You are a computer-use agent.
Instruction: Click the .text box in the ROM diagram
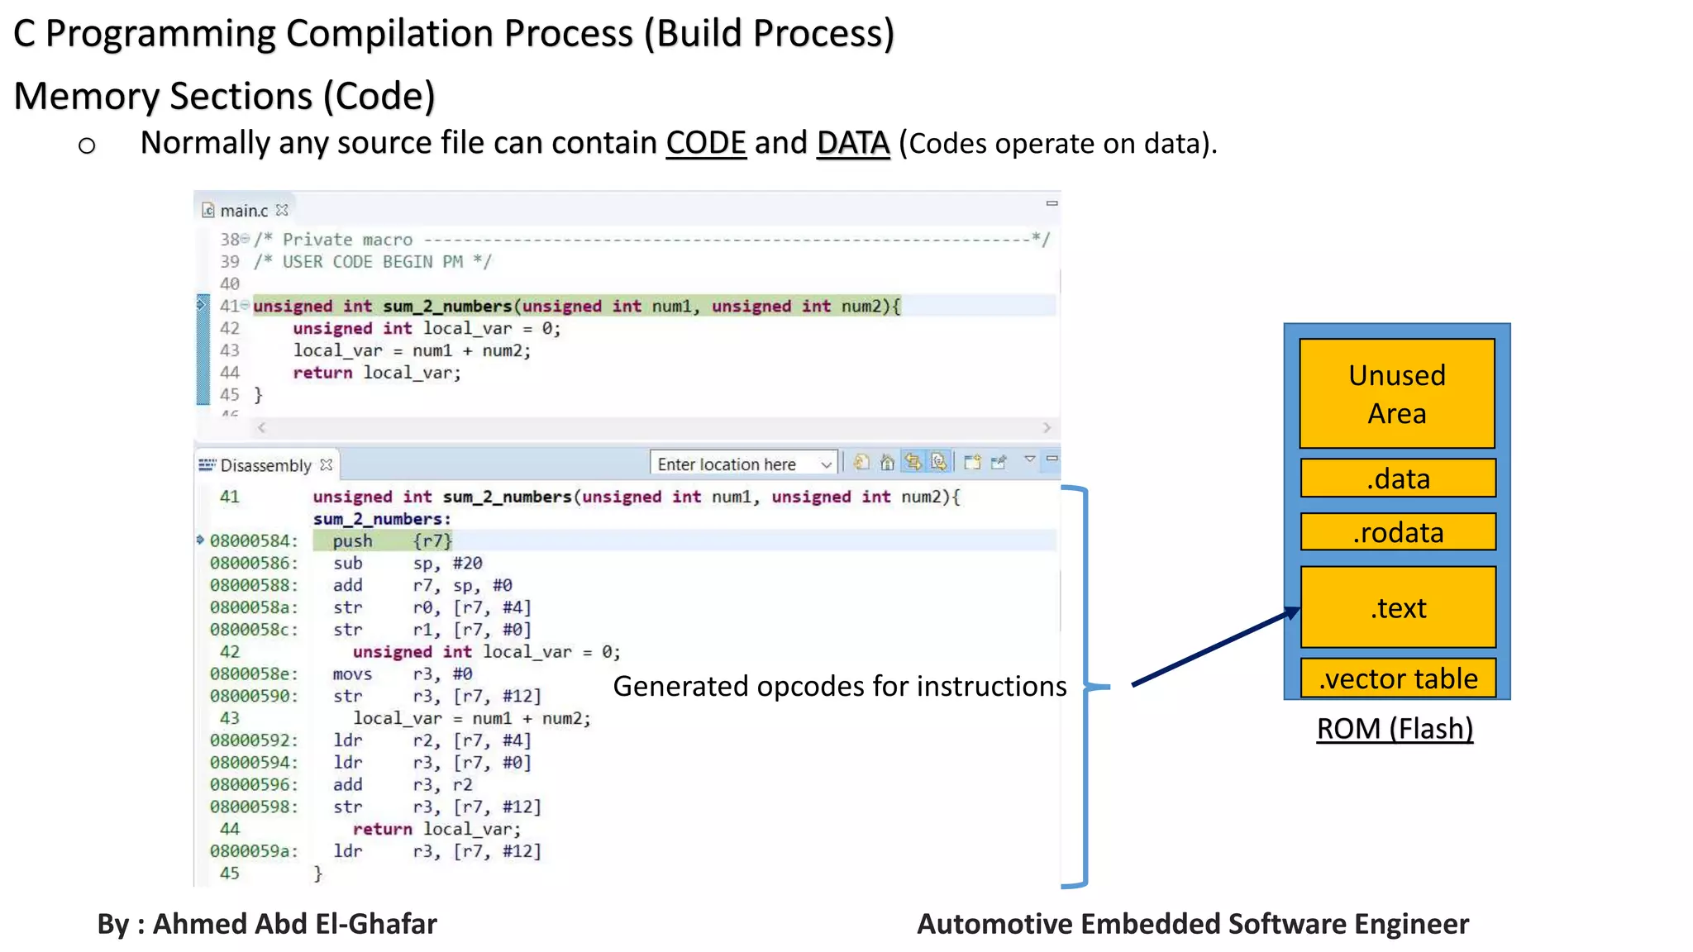[x=1398, y=607]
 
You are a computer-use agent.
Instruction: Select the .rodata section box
[x=1398, y=532]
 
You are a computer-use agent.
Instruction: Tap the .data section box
[x=1398, y=478]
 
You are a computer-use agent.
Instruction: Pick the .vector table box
[x=1398, y=678]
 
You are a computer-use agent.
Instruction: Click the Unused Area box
[x=1397, y=393]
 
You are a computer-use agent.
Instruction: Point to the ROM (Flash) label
[x=1395, y=729]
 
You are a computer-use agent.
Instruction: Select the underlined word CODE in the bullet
[x=706, y=143]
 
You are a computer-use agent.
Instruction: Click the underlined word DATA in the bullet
[x=852, y=143]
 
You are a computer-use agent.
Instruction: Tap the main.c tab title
[x=244, y=211]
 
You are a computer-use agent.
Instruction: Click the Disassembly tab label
[x=265, y=465]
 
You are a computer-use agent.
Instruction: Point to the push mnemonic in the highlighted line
[x=352, y=541]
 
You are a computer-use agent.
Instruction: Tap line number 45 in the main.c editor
[x=230, y=395]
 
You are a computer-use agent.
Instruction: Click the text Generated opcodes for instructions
[x=839, y=686]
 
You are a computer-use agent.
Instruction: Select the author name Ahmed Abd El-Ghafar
[x=294, y=924]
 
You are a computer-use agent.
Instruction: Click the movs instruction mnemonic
[x=352, y=674]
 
